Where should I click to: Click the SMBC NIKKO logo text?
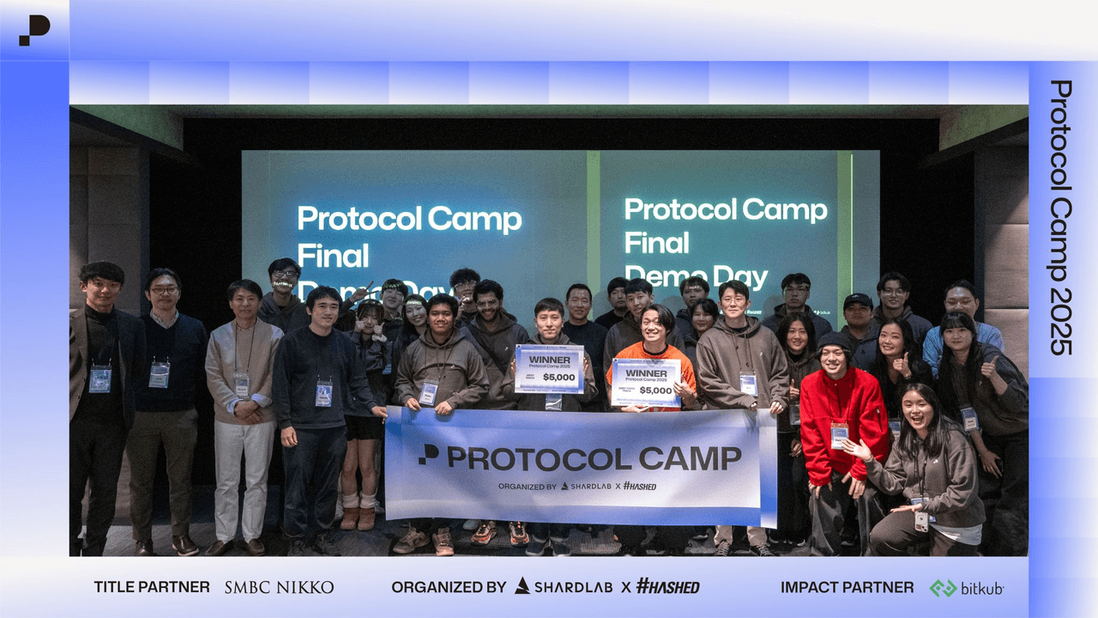(x=279, y=588)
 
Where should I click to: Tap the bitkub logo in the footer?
(x=967, y=588)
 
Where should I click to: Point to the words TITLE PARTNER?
(x=152, y=588)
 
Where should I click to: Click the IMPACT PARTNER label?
(x=847, y=588)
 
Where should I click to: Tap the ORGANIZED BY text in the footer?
(x=449, y=588)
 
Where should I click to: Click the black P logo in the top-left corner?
(x=34, y=29)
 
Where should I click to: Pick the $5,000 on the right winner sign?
(x=655, y=390)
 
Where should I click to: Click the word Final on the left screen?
(x=333, y=256)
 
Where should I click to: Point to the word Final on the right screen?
(x=657, y=243)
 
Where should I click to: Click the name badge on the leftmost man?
(x=100, y=379)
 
